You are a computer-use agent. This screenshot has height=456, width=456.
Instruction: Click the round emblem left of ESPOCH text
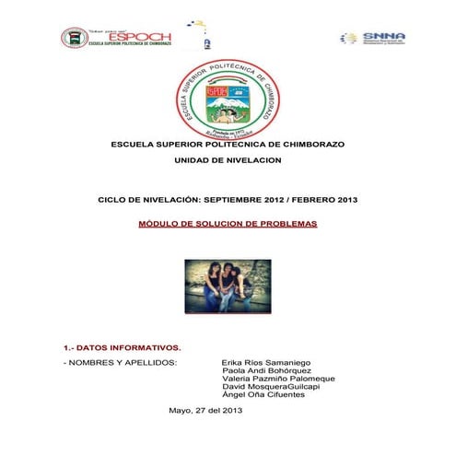click(74, 38)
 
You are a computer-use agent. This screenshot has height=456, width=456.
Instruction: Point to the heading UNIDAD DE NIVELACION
click(228, 160)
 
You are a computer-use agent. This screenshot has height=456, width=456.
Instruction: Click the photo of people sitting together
click(227, 285)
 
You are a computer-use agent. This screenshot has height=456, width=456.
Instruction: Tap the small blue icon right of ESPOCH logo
click(205, 41)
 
